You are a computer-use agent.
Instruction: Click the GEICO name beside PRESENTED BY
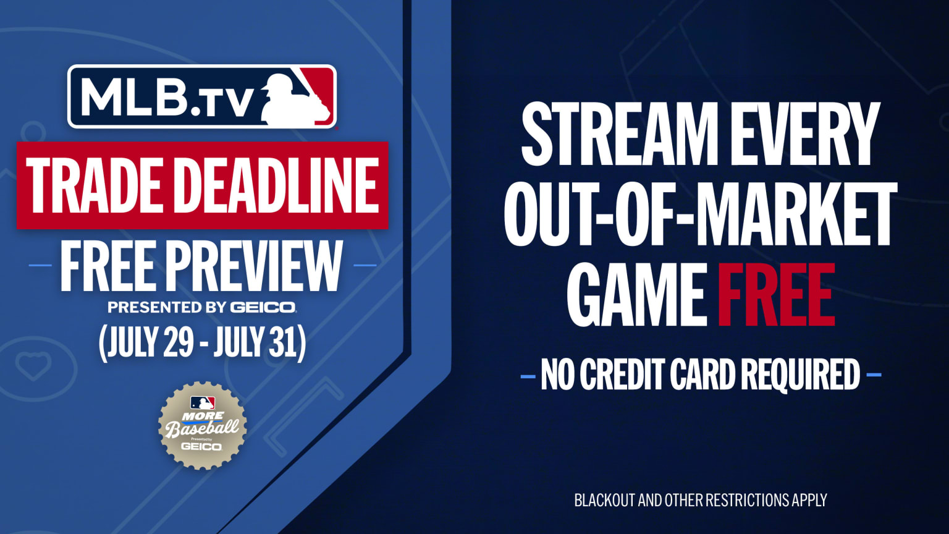(x=263, y=307)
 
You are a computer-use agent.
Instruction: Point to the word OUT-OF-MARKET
(x=701, y=214)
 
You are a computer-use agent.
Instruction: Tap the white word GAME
(x=636, y=295)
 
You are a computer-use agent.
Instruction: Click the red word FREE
(x=776, y=295)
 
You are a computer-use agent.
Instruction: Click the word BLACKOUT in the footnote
(x=604, y=500)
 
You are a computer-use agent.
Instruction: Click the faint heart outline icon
(x=33, y=366)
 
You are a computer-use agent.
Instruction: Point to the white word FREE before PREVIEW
(x=107, y=266)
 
